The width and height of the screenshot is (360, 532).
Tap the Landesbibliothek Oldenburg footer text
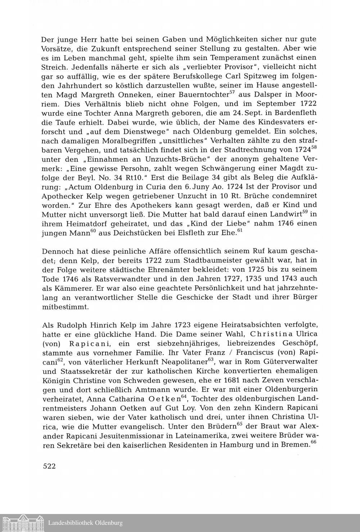(x=85, y=523)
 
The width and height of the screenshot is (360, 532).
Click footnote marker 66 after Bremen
(x=313, y=442)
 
